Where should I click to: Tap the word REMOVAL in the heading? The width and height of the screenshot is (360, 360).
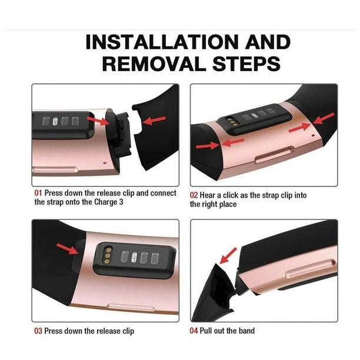154,64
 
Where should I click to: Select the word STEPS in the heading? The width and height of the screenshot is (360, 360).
246,64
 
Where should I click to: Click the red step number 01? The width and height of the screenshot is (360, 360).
38,193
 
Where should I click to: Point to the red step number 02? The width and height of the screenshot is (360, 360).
194,195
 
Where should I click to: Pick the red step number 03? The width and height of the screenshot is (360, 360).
38,331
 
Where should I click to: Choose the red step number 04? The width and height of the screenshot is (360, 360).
194,331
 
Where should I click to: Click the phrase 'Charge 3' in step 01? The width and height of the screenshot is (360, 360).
109,202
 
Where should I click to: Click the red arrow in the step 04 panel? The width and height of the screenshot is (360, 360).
228,255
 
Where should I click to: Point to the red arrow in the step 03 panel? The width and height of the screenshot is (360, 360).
68,249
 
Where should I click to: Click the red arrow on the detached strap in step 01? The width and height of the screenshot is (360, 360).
154,121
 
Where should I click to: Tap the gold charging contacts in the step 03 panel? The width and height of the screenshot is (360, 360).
108,255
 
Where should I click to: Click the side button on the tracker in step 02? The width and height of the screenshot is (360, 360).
275,155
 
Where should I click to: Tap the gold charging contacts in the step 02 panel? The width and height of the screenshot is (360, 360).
232,122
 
